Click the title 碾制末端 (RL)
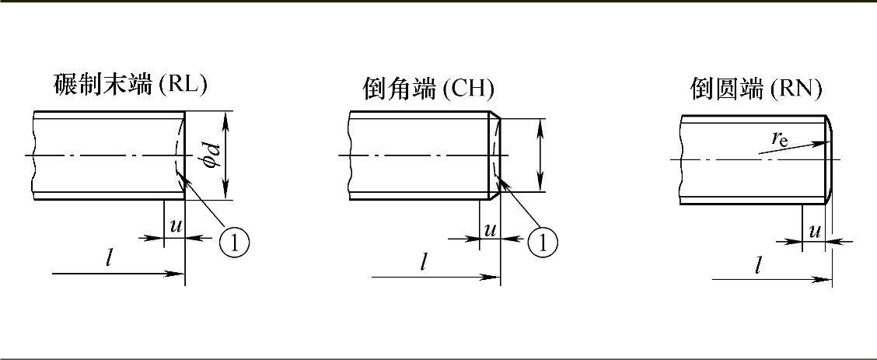tap(131, 85)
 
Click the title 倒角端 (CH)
tap(428, 89)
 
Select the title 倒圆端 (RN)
tap(756, 89)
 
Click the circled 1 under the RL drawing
tap(234, 242)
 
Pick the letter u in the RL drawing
tap(176, 225)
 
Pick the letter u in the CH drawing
tap(491, 229)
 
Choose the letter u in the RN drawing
tap(815, 231)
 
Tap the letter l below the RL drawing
tap(110, 257)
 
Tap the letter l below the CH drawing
tap(424, 261)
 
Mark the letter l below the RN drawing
tap(758, 265)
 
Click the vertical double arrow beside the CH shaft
tap(540, 155)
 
